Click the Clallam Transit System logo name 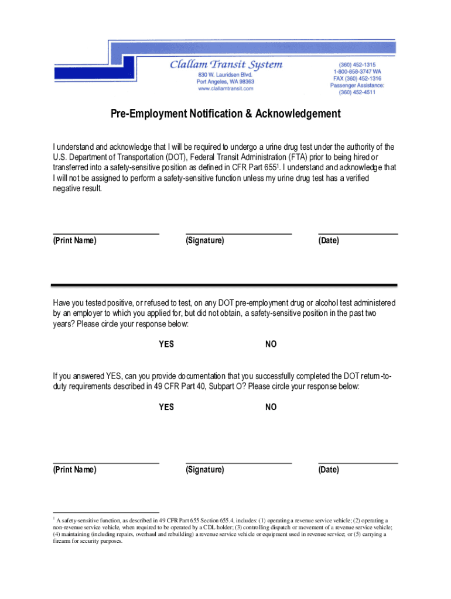coord(225,65)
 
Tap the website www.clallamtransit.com coord(225,89)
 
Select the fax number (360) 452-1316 coord(357,78)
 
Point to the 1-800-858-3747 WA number coord(357,71)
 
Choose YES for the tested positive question coord(166,345)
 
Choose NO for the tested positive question coord(271,345)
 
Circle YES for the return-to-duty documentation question coord(166,407)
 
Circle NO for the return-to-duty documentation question coord(271,407)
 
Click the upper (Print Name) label coord(75,240)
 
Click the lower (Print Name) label coord(75,470)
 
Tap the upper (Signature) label coord(205,240)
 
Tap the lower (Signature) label coord(205,470)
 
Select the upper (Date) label coord(329,240)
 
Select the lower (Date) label coord(329,470)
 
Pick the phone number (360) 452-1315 coord(357,64)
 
